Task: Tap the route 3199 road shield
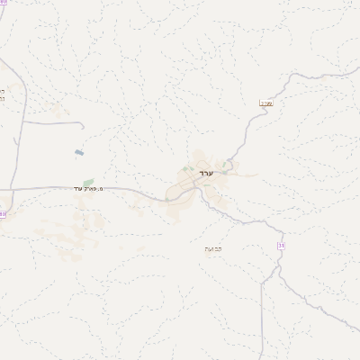[x=265, y=103]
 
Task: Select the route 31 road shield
[x=281, y=245]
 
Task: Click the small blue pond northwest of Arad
[x=79, y=152]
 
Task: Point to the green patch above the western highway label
[x=88, y=182]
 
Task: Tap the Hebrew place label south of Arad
[x=213, y=248]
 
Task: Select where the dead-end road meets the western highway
[x=18, y=188]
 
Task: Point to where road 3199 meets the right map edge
[x=358, y=71]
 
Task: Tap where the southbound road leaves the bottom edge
[x=262, y=358]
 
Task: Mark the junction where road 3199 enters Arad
[x=231, y=166]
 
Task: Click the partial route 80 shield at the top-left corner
[x=4, y=3]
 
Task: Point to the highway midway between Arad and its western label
[x=135, y=190]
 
